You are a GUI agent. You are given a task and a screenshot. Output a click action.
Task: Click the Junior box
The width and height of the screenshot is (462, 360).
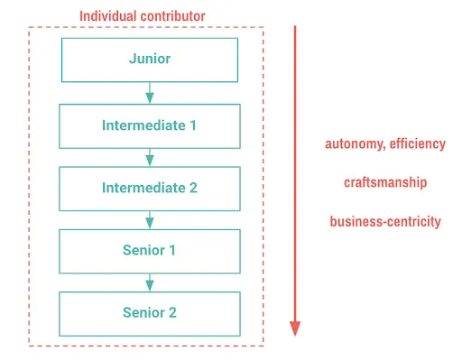point(150,60)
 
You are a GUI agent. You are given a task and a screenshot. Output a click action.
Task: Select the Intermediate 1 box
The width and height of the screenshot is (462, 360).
point(150,125)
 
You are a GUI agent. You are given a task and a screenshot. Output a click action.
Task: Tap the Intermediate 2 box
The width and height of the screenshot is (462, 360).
point(150,188)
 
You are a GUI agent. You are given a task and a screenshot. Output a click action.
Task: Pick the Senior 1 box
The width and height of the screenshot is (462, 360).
point(150,250)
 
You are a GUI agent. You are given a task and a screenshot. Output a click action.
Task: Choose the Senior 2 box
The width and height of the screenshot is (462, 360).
point(150,312)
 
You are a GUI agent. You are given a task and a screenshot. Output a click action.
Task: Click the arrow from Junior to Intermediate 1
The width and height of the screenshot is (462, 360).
point(150,93)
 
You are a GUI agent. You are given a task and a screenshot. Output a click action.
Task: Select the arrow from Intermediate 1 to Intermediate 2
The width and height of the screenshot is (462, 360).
point(150,157)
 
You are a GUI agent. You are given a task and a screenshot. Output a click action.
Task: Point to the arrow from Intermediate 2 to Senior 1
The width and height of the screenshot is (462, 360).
point(150,219)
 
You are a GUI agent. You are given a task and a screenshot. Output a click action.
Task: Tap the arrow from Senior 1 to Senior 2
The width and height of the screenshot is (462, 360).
point(150,282)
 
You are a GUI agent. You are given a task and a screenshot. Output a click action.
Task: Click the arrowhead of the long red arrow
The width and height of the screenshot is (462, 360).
point(295,328)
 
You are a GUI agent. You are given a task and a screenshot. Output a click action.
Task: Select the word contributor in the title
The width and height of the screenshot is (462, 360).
point(175,16)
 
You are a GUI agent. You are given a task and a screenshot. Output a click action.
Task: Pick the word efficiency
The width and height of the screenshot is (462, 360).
point(417,143)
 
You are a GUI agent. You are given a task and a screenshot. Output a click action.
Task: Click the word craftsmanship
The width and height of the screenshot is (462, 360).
point(385,182)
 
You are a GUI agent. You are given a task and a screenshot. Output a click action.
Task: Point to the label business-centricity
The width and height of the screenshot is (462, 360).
point(385,221)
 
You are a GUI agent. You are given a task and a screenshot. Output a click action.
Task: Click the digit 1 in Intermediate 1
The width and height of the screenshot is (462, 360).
point(193,125)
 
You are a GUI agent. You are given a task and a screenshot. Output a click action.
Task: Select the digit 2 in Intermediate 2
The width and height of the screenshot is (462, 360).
point(193,188)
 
